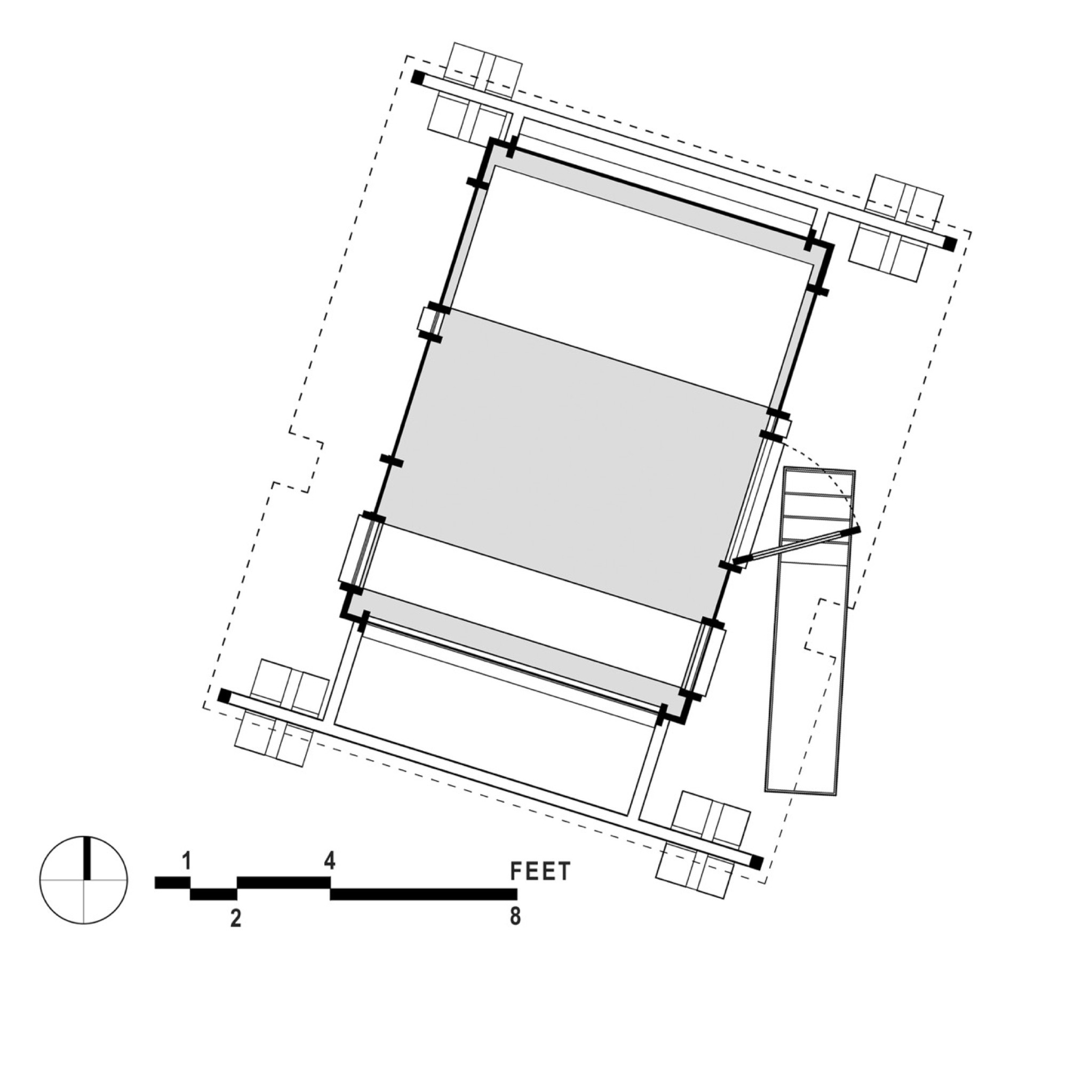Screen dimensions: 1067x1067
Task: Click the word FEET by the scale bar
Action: pyautogui.click(x=540, y=871)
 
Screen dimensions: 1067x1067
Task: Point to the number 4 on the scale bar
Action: pyautogui.click(x=329, y=861)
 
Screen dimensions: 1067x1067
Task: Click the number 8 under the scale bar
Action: pyautogui.click(x=515, y=916)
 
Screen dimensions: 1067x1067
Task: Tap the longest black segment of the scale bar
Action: pyautogui.click(x=424, y=894)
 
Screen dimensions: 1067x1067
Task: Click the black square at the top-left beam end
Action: pyautogui.click(x=418, y=77)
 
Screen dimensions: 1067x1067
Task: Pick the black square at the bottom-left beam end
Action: pyautogui.click(x=224, y=696)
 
